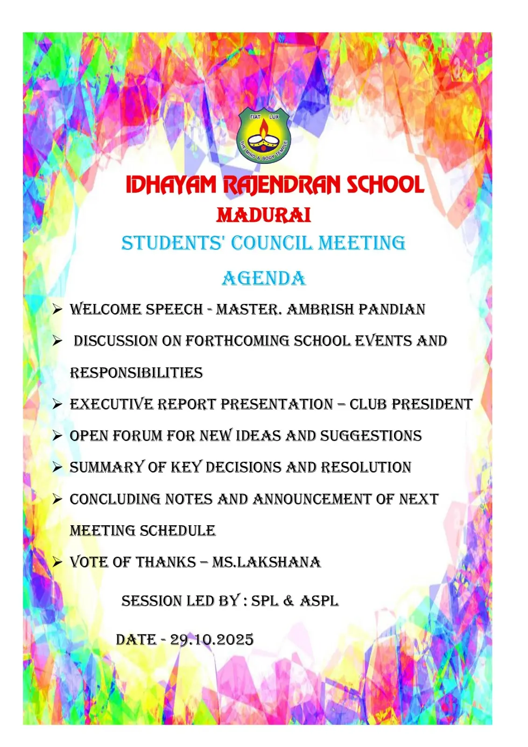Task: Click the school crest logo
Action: click(x=264, y=135)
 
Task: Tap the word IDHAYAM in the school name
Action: click(x=171, y=185)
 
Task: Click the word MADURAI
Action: click(x=264, y=215)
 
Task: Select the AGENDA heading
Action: click(x=264, y=279)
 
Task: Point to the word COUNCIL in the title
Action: click(x=271, y=243)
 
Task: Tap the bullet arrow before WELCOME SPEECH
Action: click(x=57, y=310)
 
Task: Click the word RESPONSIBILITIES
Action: click(x=136, y=373)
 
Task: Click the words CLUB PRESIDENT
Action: click(x=411, y=404)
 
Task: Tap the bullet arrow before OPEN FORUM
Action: click(x=57, y=436)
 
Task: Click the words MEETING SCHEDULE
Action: click(x=143, y=531)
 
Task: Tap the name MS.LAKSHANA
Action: click(x=267, y=562)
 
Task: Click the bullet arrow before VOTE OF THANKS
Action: click(x=57, y=562)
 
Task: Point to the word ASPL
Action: click(x=319, y=601)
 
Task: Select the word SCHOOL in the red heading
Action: click(x=385, y=185)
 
